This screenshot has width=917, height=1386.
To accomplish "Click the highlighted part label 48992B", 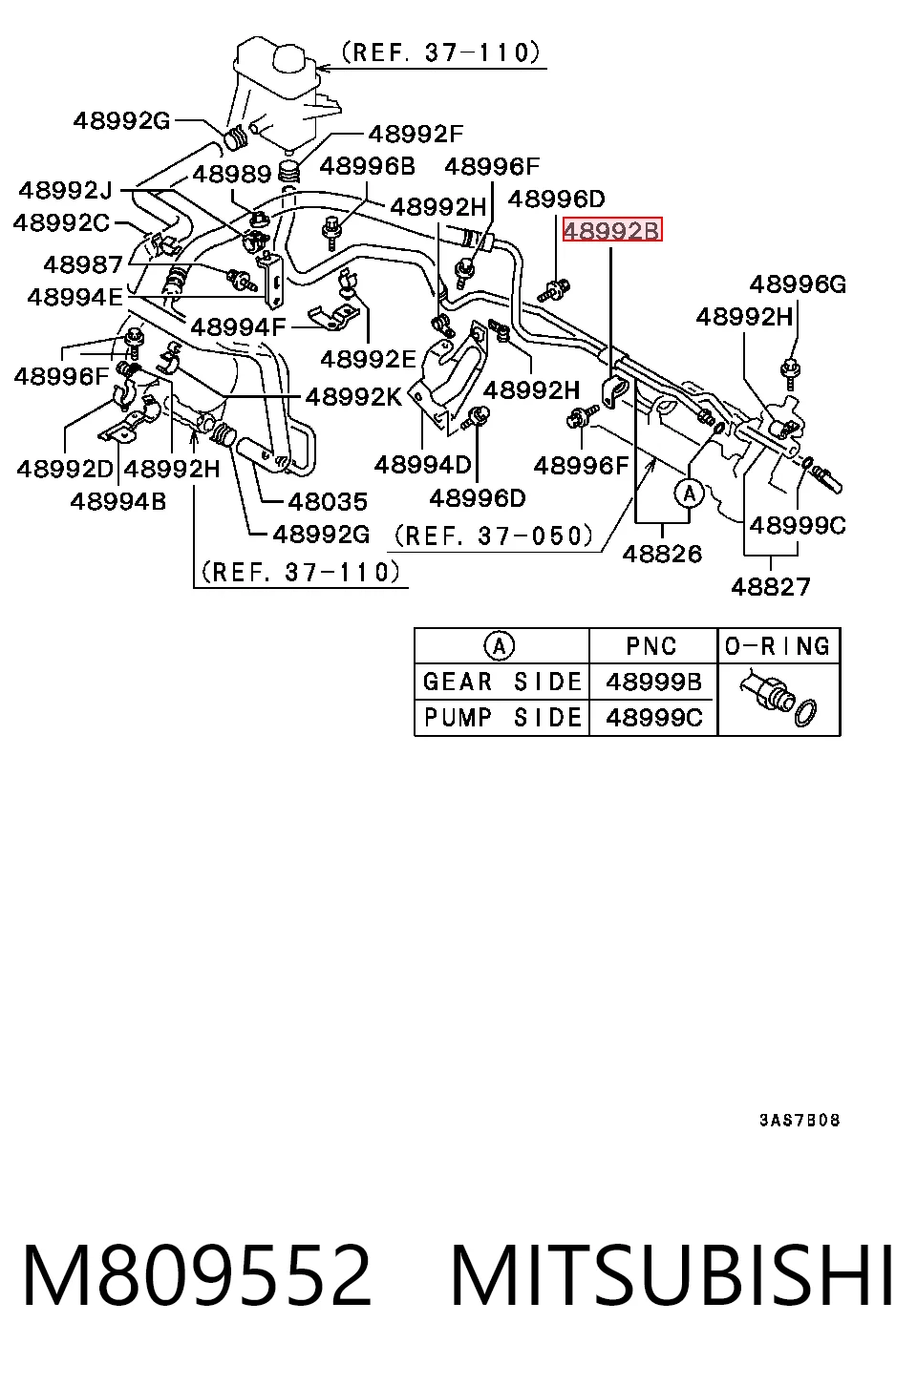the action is pos(611,230).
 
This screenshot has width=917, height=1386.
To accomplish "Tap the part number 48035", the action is pos(328,501).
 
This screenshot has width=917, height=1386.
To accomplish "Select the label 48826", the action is pos(662,554).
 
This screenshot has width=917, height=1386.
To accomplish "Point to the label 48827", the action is pos(770,586).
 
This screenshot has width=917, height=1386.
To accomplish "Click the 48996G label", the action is pos(798,284).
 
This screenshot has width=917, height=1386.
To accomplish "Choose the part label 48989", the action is pos(231,174).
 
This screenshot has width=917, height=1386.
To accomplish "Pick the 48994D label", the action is pos(423,465).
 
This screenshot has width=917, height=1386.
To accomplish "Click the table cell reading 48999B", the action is pos(654,682).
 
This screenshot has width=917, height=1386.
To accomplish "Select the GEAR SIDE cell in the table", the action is pos(502,682).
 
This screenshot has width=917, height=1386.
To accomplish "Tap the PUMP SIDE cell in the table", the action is pos(502,718).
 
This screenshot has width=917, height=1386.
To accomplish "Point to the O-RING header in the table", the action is pos(778,646).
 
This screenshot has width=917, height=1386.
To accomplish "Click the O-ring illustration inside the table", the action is pos(805,713).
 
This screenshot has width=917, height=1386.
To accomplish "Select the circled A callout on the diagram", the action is pos(689,494).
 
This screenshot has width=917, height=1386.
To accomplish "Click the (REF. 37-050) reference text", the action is pos(494,535).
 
